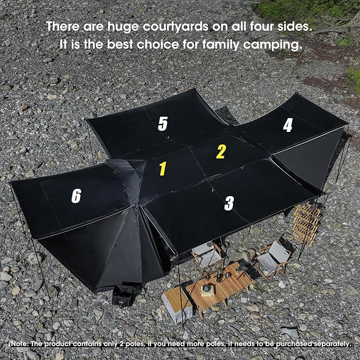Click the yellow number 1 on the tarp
coord(163,169)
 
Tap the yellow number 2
coord(221,151)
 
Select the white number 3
coord(229,203)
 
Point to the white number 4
coord(288,125)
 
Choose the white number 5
coord(163,124)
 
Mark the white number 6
coord(76,196)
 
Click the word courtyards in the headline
coord(175,27)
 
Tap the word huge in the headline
coord(124,28)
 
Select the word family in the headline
coord(221,45)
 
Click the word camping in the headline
coord(273,45)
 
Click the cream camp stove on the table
coord(208,290)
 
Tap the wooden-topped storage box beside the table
coord(178,304)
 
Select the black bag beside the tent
coord(124,295)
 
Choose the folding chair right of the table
coord(274,259)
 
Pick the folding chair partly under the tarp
coord(207,257)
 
